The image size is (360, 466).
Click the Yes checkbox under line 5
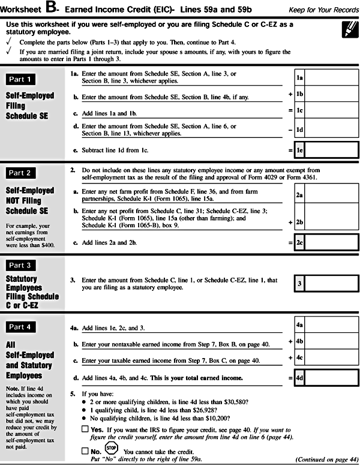85,430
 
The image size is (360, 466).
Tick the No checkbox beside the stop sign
85,450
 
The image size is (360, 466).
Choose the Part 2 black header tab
28,173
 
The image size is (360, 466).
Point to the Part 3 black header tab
28,264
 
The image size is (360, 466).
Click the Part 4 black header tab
28,326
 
